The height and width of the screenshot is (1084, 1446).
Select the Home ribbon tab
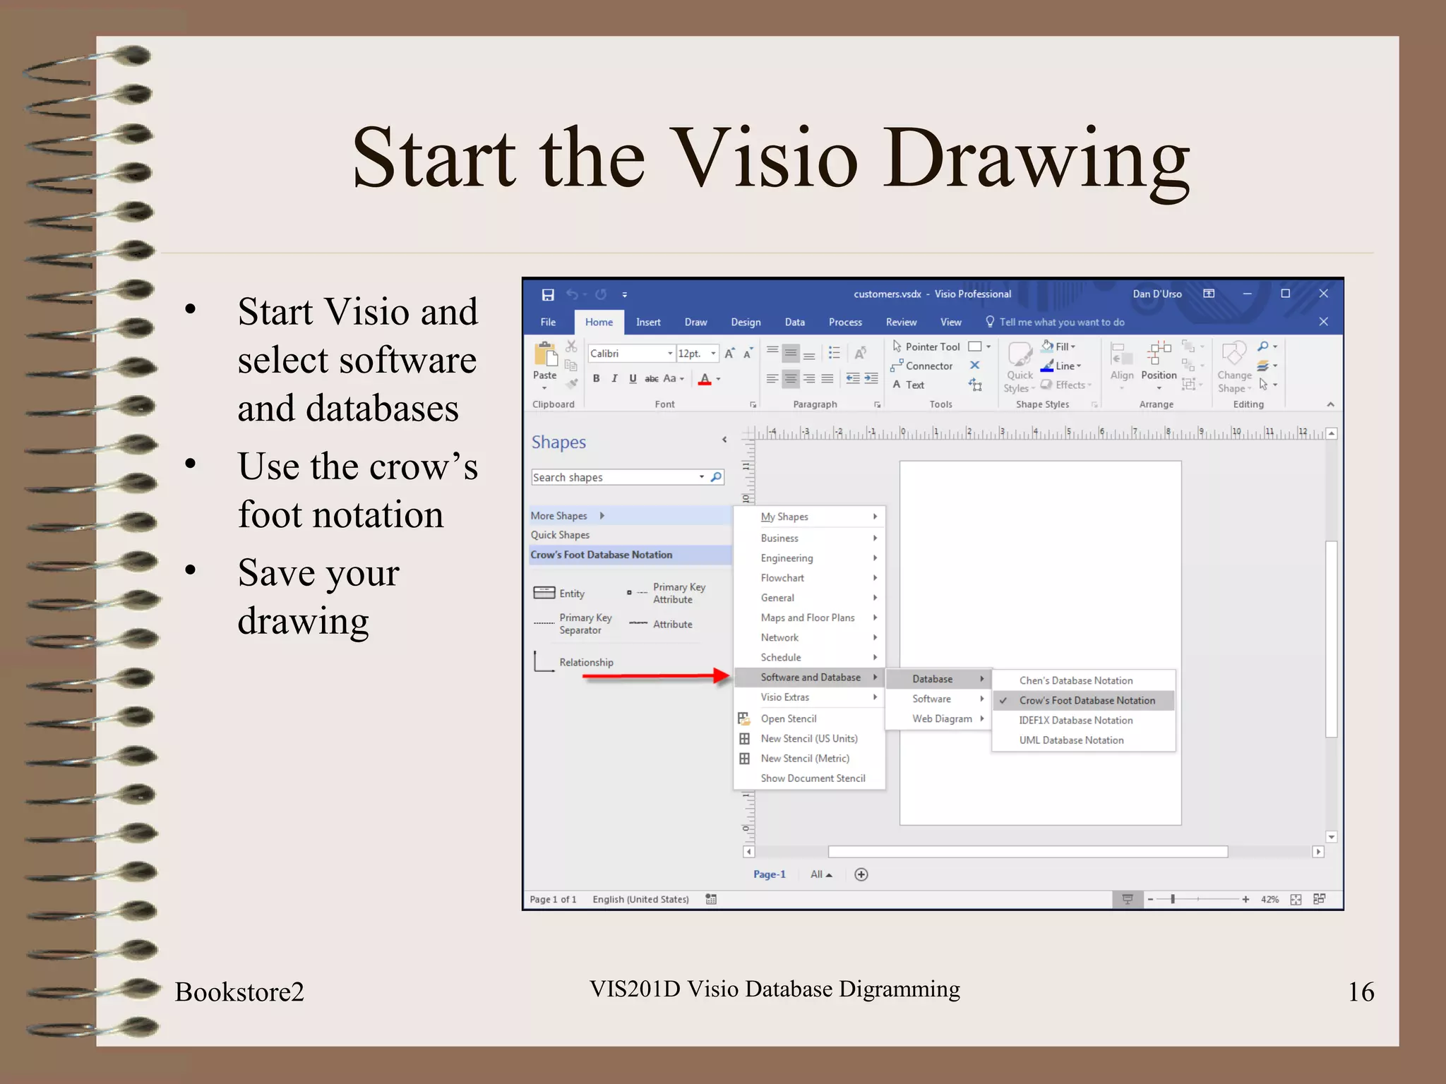tap(599, 323)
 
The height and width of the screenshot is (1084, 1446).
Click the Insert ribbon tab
tap(647, 323)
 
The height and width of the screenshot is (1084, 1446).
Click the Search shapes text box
tap(614, 478)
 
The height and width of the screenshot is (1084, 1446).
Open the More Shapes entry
tap(559, 516)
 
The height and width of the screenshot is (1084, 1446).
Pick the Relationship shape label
tap(586, 663)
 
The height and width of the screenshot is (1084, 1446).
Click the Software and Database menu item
tap(810, 677)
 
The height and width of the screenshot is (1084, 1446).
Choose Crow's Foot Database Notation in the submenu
tap(1087, 701)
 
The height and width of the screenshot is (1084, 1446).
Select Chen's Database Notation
tap(1075, 681)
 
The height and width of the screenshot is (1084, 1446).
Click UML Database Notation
tap(1071, 740)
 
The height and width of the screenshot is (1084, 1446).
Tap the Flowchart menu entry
tap(782, 578)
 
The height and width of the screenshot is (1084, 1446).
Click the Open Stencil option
tap(788, 718)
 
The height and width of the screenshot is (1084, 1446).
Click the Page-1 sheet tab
tap(769, 874)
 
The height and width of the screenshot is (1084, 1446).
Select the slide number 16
tap(1361, 992)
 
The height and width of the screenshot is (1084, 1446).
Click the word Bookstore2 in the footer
tap(239, 992)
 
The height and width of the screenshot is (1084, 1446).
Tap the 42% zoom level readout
tap(1269, 900)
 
